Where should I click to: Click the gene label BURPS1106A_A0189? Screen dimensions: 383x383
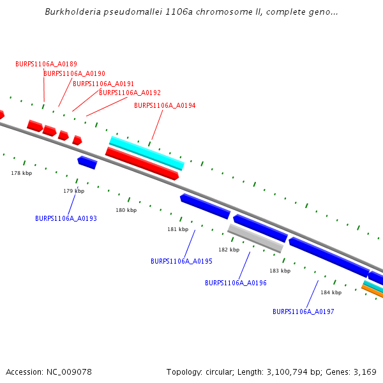(x=46, y=64)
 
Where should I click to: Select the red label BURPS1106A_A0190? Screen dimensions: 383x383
(x=74, y=73)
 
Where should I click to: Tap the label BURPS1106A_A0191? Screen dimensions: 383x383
(x=103, y=84)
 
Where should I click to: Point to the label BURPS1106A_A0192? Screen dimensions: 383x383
(x=130, y=93)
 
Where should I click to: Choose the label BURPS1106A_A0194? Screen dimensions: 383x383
(x=165, y=105)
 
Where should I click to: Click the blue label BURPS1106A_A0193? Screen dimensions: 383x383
(x=66, y=218)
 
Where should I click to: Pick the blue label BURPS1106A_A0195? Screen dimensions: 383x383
(x=181, y=261)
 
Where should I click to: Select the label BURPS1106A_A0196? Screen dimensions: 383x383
(x=236, y=283)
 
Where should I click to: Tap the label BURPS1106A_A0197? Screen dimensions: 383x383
(x=303, y=312)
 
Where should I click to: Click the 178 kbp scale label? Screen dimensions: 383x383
(x=21, y=173)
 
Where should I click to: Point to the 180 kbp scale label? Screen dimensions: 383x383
(x=126, y=210)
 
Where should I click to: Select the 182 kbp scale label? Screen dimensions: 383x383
(x=229, y=250)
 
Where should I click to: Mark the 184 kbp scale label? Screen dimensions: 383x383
(x=331, y=292)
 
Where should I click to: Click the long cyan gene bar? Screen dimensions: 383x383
(x=147, y=153)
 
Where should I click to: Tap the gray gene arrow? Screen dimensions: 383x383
(x=255, y=238)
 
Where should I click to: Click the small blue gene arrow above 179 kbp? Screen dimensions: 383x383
(x=87, y=163)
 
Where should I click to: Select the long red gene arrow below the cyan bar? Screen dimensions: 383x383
(x=142, y=163)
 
